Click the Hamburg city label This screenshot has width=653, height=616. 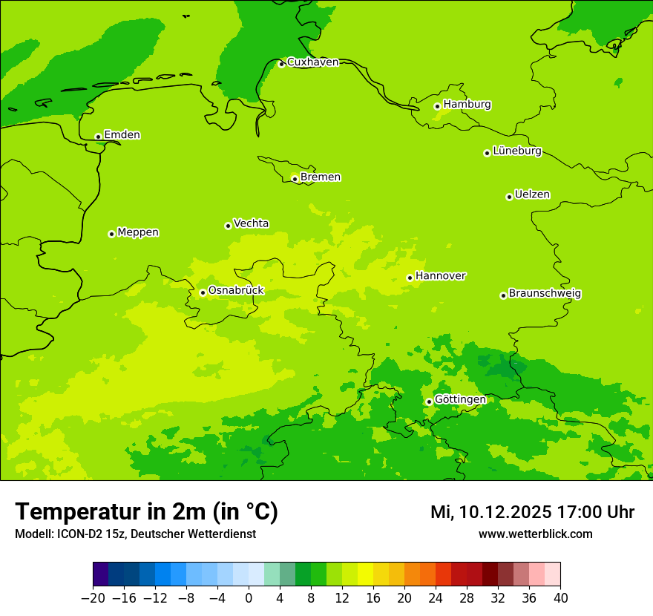coord(467,105)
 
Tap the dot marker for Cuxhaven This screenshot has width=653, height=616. coord(281,64)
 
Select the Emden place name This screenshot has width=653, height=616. coord(122,135)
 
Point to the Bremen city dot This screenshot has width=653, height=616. coord(295,179)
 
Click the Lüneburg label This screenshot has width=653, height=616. coord(516,151)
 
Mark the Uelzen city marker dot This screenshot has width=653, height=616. coord(509,197)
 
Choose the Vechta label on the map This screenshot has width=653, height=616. coord(251,223)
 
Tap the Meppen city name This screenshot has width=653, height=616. coord(137,232)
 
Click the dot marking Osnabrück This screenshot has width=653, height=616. coord(203,292)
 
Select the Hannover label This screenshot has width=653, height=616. coord(440,276)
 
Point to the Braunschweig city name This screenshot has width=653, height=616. coord(544,294)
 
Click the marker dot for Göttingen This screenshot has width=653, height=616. coord(429,402)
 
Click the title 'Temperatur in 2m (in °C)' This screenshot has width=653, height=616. coord(146,512)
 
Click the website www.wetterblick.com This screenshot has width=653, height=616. coord(535,534)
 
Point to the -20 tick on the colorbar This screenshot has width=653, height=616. coord(93,598)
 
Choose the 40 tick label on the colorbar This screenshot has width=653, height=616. coord(560,598)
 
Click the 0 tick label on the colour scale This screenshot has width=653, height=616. coord(249,598)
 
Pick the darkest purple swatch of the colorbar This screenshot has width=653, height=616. coord(100,574)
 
